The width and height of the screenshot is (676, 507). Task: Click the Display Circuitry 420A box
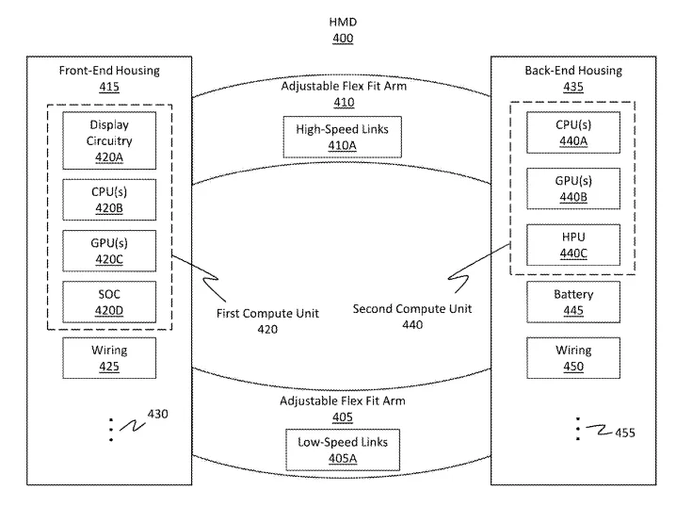point(109,140)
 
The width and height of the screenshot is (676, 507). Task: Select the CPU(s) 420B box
point(109,200)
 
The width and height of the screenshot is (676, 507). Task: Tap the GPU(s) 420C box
point(109,251)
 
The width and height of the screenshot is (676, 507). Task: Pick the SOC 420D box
point(109,303)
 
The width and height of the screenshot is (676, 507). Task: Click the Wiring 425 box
point(109,358)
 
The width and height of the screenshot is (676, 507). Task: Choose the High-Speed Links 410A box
point(343,137)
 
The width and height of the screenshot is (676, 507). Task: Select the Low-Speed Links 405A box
point(343,450)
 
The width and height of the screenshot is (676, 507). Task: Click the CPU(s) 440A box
point(573,133)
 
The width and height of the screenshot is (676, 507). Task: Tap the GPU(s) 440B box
point(573,188)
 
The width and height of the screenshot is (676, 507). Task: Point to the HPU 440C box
point(573,245)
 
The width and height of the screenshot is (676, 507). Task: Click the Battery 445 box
point(573,303)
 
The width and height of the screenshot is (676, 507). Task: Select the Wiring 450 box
point(573,358)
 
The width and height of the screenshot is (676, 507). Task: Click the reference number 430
point(158,415)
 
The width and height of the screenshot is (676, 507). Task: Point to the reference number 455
point(625,433)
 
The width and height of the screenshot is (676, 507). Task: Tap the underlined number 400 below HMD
point(343,39)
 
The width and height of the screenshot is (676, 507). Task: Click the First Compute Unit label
point(267,313)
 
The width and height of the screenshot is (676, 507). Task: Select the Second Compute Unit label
point(412,309)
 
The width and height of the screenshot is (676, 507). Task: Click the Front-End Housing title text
point(109,71)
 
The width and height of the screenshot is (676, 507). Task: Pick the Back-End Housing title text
point(573,71)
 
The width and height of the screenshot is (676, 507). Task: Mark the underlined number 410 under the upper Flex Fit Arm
point(344,103)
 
